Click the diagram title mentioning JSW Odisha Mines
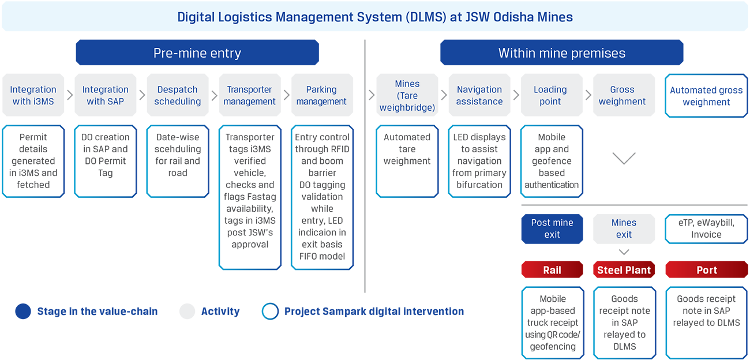click(375, 17)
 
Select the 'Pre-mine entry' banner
click(197, 54)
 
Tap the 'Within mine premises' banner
click(561, 54)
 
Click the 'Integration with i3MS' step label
click(33, 95)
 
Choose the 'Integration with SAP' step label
click(105, 95)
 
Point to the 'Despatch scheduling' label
click(177, 95)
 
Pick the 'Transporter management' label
click(250, 95)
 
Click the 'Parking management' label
click(321, 95)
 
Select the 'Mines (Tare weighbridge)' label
click(407, 95)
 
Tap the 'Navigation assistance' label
click(479, 95)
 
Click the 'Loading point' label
click(550, 95)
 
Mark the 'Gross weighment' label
click(622, 95)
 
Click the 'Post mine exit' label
click(552, 228)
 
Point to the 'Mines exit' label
click(624, 228)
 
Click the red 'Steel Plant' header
click(624, 270)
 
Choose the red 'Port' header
click(706, 270)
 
